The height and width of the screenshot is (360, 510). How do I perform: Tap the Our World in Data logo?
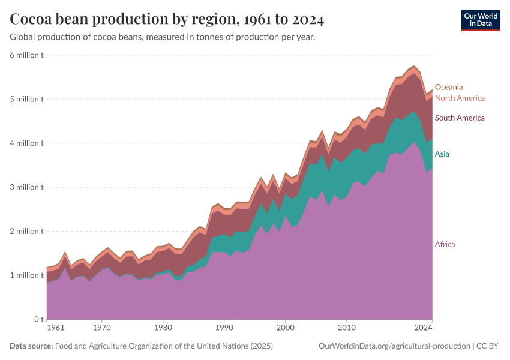[480, 20]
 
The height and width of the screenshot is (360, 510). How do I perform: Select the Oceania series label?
[448, 87]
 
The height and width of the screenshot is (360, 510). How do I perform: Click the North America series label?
[459, 98]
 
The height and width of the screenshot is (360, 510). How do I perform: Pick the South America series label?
[459, 118]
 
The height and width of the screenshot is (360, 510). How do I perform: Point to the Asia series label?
[442, 154]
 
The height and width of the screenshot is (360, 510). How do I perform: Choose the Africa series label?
[445, 244]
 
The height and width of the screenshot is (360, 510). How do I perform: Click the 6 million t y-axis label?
[26, 55]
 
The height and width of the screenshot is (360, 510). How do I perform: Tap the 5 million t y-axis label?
[26, 99]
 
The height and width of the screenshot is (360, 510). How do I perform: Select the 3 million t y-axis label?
[26, 187]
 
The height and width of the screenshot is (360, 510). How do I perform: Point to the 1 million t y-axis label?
[26, 275]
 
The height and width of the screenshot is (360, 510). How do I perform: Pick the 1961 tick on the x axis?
[55, 328]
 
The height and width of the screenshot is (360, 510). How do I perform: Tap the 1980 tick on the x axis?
[163, 328]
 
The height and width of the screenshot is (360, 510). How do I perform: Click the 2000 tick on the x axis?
[285, 328]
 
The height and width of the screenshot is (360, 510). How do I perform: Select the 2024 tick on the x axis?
[424, 328]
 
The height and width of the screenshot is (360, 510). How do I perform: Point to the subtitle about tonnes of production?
[163, 37]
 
